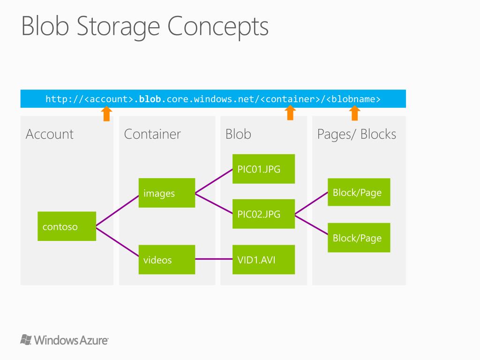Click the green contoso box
67,226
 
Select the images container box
167,193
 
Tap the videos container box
167,259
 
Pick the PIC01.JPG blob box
263,169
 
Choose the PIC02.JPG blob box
263,214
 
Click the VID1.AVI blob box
263,259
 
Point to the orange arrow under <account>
107,113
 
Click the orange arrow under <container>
291,113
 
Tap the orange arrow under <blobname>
355,113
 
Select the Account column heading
49,134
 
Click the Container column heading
152,134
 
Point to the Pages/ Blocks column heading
356,134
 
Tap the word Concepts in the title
218,26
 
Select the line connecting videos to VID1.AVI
214,259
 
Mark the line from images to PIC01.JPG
214,181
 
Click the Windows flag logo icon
26,339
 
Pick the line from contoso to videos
117,243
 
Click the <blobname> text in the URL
354,99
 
